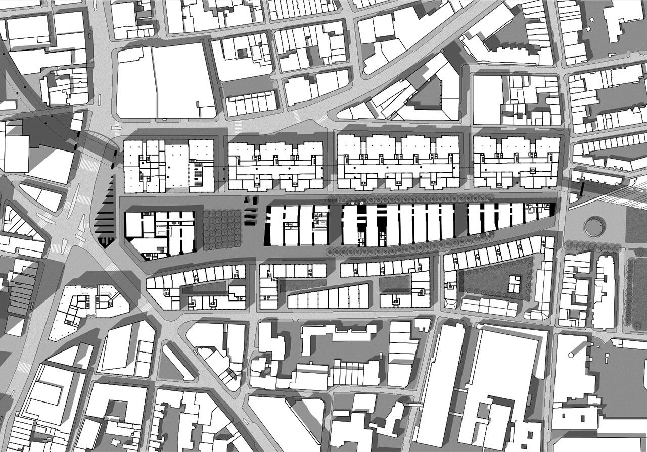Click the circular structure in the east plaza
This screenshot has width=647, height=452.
click(594, 226)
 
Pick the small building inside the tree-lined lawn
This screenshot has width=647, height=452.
click(514, 284)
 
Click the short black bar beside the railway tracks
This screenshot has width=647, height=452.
click(582, 189)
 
